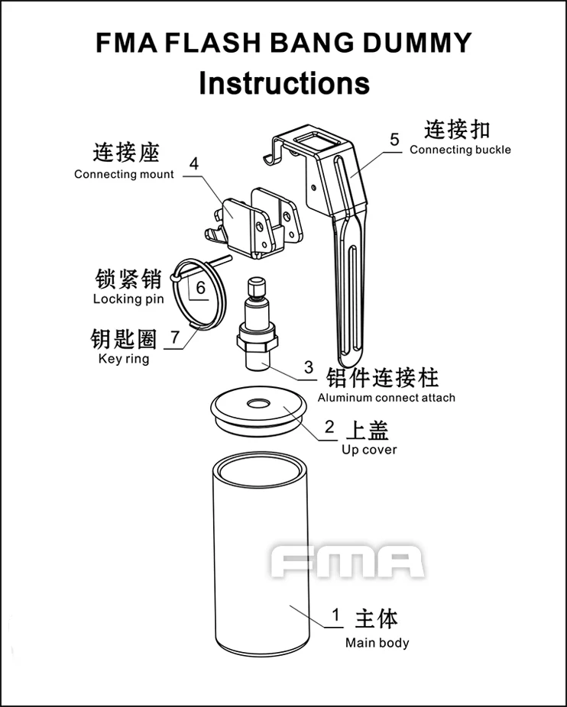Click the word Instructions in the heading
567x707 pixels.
tap(284, 83)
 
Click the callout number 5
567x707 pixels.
tap(394, 140)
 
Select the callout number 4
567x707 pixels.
tap(193, 163)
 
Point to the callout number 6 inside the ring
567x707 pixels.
tap(201, 288)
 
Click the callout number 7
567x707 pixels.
tap(175, 337)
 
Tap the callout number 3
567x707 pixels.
tap(309, 367)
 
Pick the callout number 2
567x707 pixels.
tap(329, 427)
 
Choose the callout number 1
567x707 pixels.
tap(335, 615)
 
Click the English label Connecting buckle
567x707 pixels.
tap(461, 150)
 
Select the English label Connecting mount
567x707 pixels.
tap(124, 174)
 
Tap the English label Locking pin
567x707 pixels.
tap(128, 299)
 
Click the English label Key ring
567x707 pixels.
tap(124, 359)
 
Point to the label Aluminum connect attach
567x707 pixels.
tap(387, 398)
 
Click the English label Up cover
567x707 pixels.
tap(369, 450)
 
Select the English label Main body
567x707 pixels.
tap(377, 643)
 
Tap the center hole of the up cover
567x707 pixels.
tap(259, 403)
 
